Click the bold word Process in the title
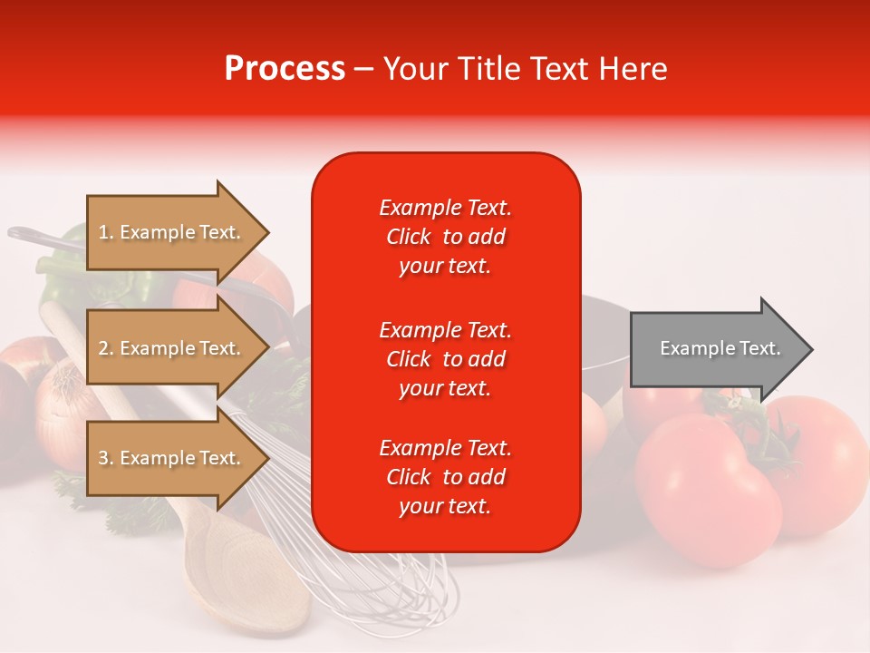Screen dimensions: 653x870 (285, 69)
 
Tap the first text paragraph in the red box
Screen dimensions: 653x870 (445, 237)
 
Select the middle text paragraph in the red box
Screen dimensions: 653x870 (445, 359)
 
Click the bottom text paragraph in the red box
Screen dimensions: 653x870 (445, 477)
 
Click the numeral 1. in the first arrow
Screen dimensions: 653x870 (105, 232)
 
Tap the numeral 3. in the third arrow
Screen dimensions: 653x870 (105, 458)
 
